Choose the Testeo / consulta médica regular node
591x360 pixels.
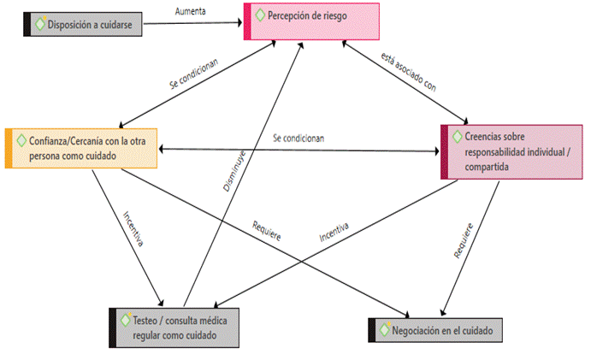175,326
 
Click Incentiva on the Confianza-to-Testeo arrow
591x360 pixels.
132,229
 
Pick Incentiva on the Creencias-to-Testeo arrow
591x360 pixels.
334,232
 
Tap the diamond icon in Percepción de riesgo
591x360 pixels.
260,15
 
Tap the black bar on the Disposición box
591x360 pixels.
27,24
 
